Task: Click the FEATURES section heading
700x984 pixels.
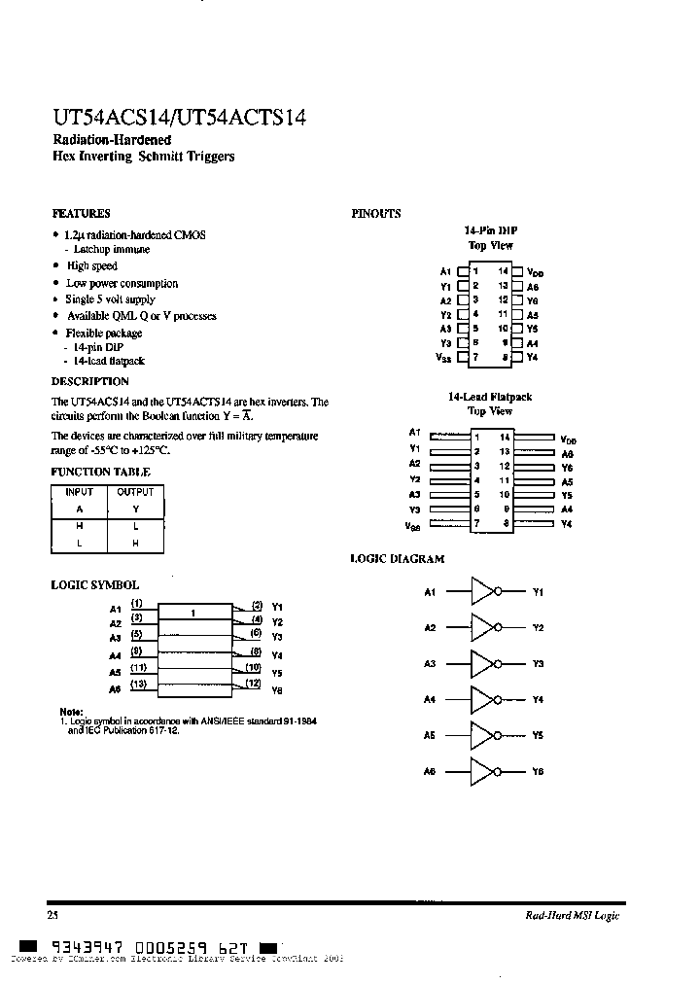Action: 80,213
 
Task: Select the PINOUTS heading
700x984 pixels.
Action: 375,214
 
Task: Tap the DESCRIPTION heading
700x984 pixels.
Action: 89,381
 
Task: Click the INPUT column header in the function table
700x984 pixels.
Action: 80,492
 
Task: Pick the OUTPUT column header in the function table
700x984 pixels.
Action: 135,492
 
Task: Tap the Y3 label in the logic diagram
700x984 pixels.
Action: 538,663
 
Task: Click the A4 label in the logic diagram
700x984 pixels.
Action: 430,699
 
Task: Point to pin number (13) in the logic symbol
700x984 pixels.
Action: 139,684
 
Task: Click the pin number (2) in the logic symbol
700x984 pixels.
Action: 256,605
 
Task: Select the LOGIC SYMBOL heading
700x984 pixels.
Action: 94,585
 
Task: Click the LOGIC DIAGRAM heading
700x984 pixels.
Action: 397,559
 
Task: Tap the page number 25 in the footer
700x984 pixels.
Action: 52,915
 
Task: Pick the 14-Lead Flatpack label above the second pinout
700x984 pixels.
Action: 490,397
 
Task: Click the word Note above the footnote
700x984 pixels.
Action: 71,711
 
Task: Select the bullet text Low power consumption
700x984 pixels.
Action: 122,283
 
